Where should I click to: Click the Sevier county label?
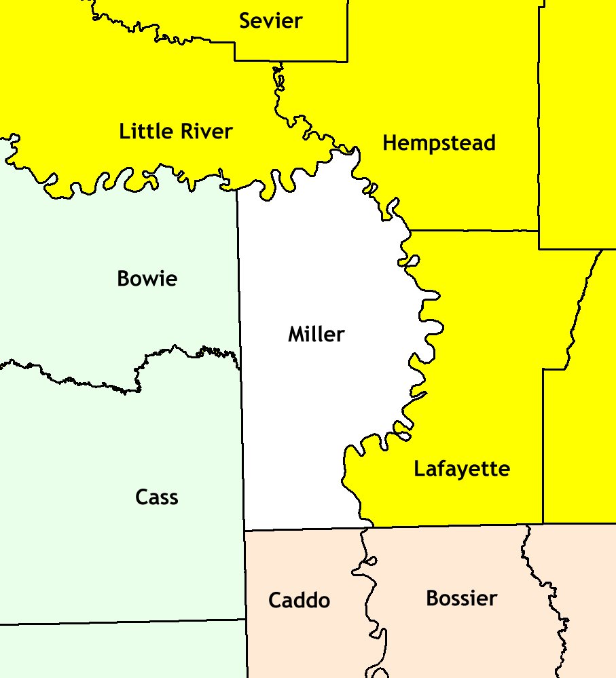(x=270, y=21)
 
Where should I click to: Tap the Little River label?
(x=175, y=131)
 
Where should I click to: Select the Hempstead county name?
(x=439, y=143)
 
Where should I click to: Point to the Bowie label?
(x=147, y=278)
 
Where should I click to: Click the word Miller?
(x=316, y=334)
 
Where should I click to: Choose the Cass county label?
(x=157, y=497)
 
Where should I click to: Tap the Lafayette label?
(x=462, y=469)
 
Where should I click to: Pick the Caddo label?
(x=299, y=601)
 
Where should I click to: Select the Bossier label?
(x=461, y=599)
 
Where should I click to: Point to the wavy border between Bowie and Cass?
(x=81, y=380)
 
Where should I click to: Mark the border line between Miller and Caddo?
(x=306, y=529)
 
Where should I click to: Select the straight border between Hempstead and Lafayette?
(x=475, y=231)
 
